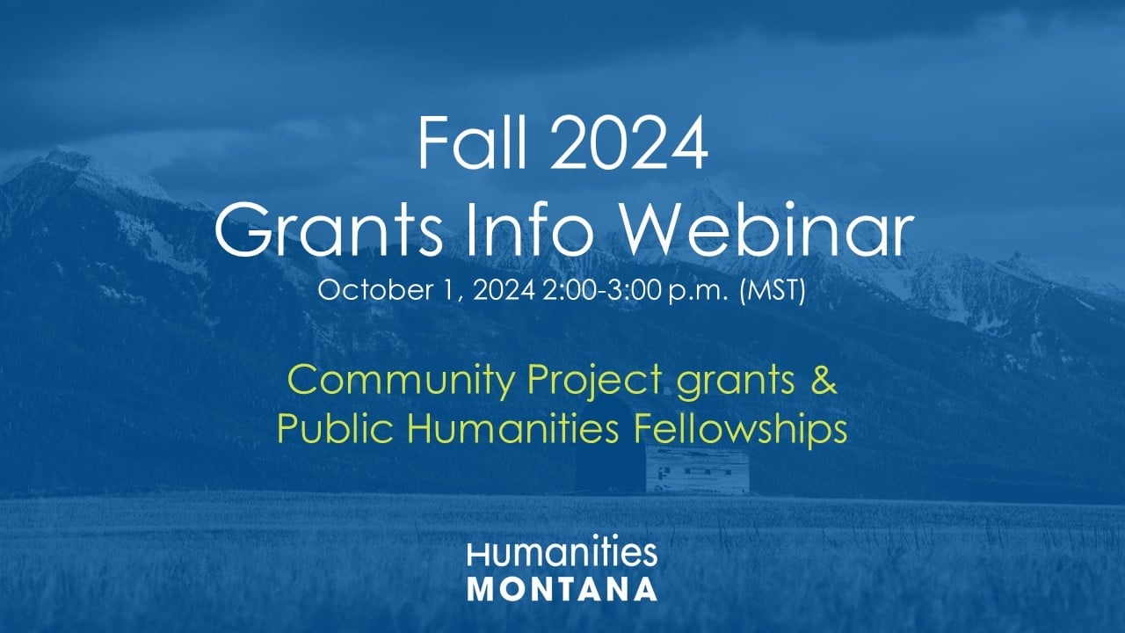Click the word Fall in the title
pyautogui.click(x=472, y=143)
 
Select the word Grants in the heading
pyautogui.click(x=329, y=230)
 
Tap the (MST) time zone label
pyautogui.click(x=773, y=290)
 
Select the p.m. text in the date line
pyautogui.click(x=699, y=291)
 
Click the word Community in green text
pyautogui.click(x=401, y=382)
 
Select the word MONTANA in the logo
pyautogui.click(x=562, y=589)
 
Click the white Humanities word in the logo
pyautogui.click(x=562, y=554)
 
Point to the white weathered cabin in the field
pyautogui.click(x=697, y=469)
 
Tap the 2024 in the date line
pyautogui.click(x=504, y=290)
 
